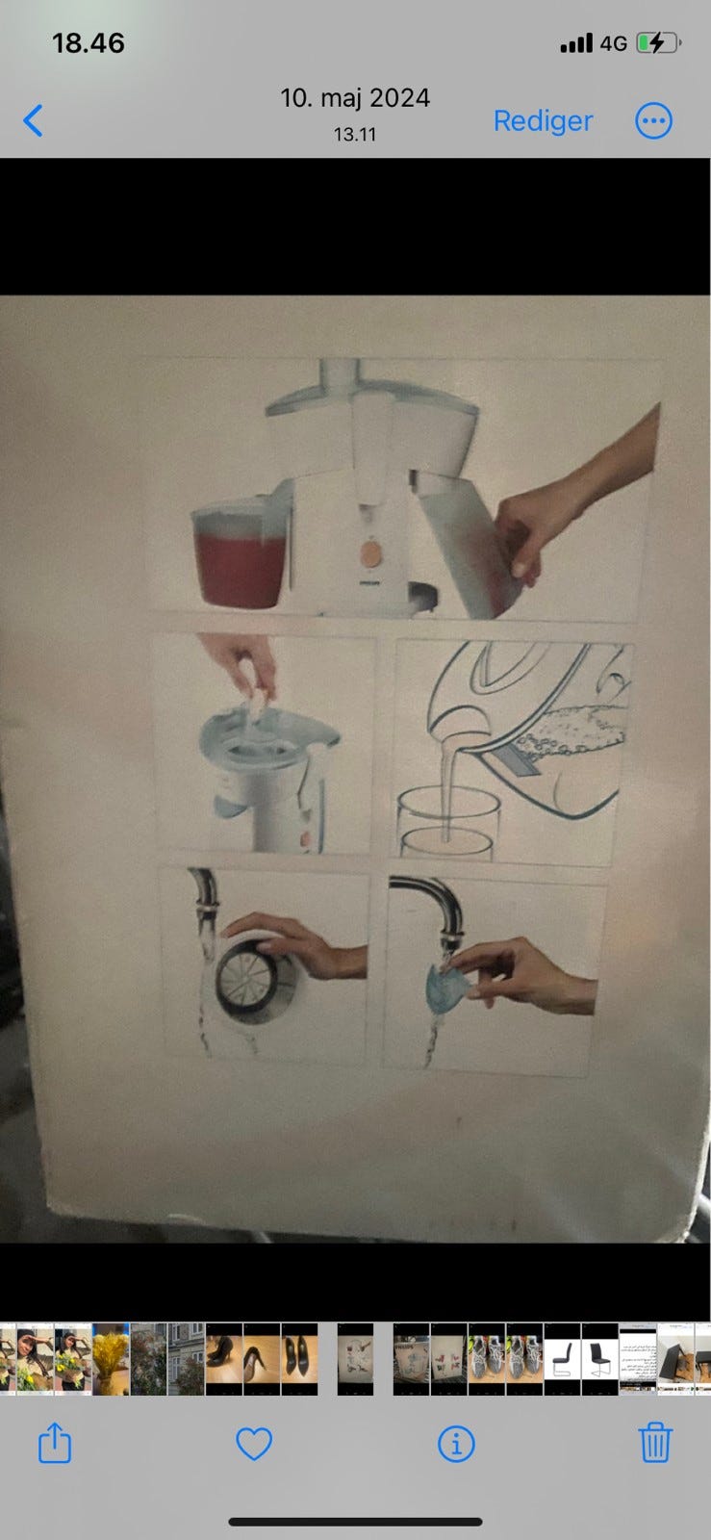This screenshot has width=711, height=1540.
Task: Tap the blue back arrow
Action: pyautogui.click(x=33, y=121)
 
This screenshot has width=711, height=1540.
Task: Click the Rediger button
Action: pyautogui.click(x=543, y=121)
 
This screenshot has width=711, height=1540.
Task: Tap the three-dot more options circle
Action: pyautogui.click(x=653, y=121)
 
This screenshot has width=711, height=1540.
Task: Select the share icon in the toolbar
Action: pyautogui.click(x=55, y=1443)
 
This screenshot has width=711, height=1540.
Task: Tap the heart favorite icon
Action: pyautogui.click(x=254, y=1443)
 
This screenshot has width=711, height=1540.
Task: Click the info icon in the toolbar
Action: pyautogui.click(x=456, y=1443)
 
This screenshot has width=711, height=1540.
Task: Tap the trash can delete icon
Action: pyautogui.click(x=654, y=1443)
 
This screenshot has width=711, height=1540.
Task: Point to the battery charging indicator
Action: pyautogui.click(x=658, y=43)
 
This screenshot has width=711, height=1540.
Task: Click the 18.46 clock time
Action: pyautogui.click(x=89, y=43)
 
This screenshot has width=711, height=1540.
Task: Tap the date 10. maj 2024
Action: pyautogui.click(x=355, y=97)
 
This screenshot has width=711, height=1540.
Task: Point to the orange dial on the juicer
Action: pyautogui.click(x=371, y=552)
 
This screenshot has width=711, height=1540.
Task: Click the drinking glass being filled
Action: pyautogui.click(x=448, y=823)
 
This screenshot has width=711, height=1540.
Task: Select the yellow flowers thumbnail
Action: pyautogui.click(x=111, y=1358)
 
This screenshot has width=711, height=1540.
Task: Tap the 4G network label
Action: pyautogui.click(x=614, y=43)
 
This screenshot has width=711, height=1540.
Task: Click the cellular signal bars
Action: pyautogui.click(x=576, y=43)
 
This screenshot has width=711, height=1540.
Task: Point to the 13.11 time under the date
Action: pyautogui.click(x=355, y=134)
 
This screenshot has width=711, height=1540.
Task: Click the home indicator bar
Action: pyautogui.click(x=355, y=1522)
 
